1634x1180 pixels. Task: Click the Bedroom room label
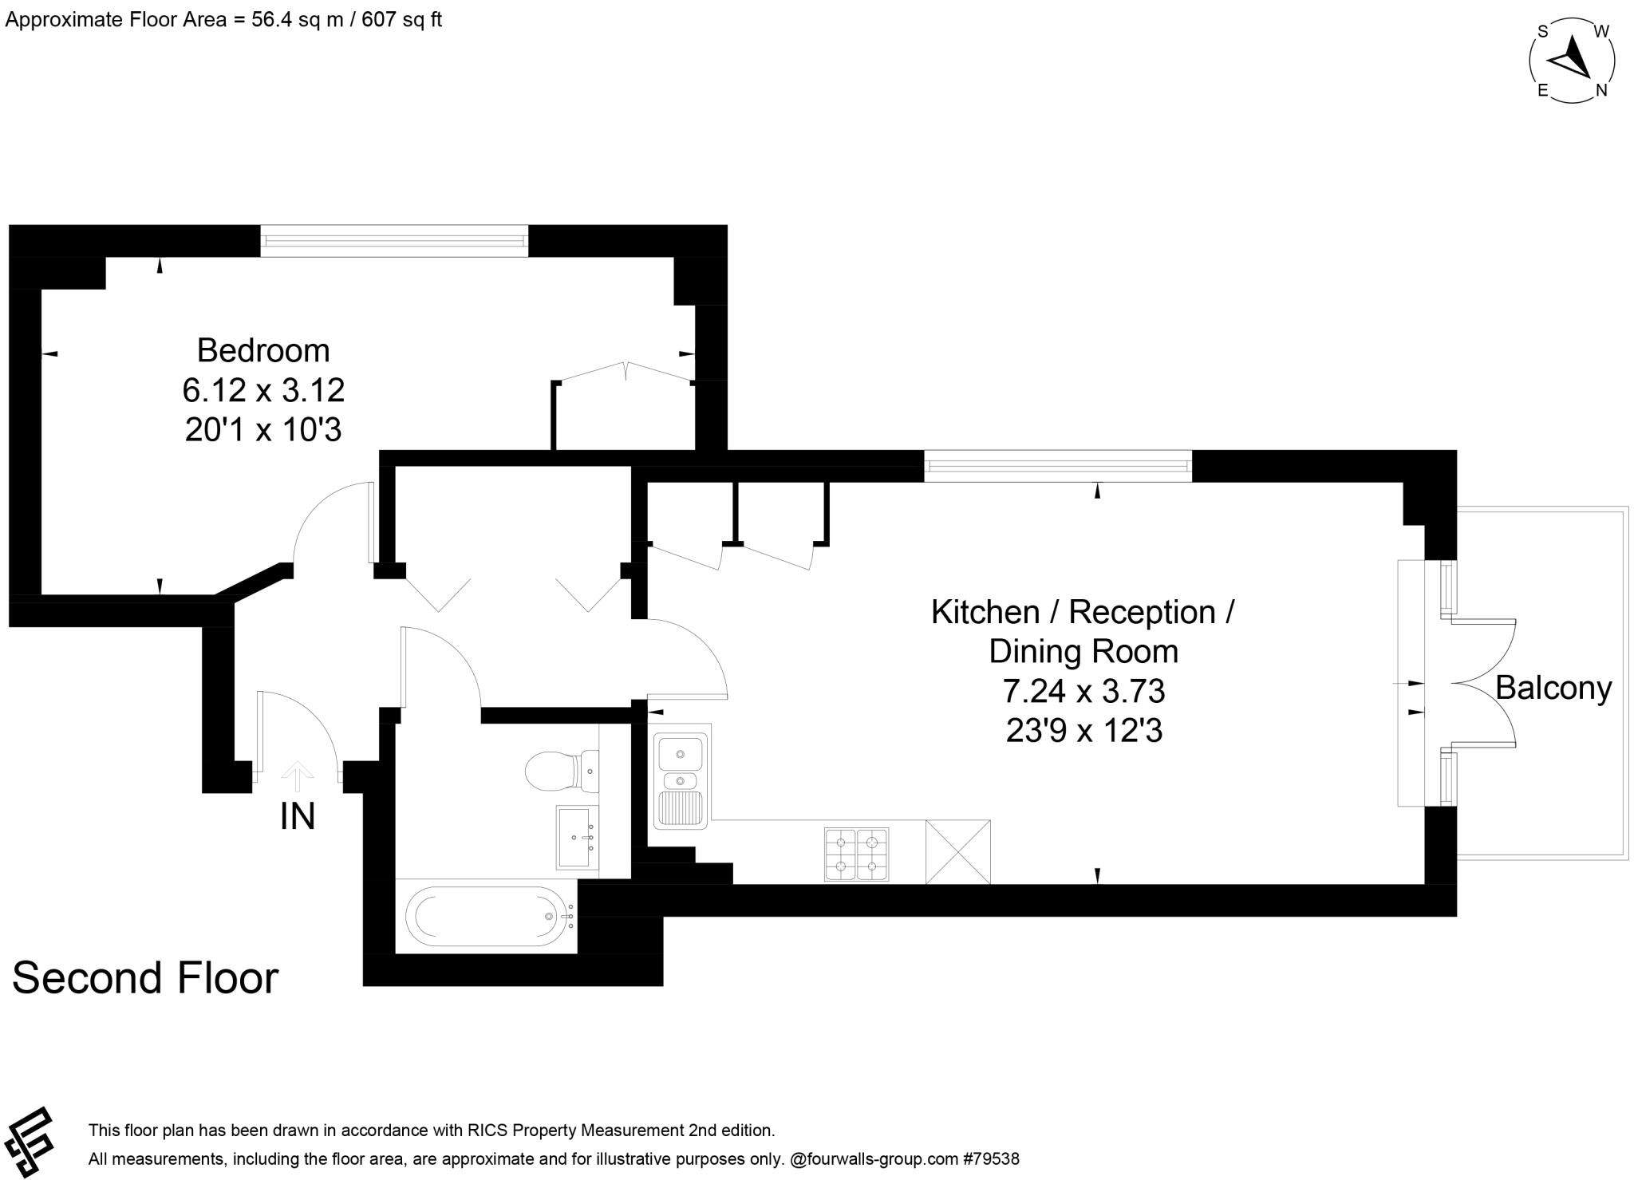[x=263, y=351]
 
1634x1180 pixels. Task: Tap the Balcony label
[x=1553, y=688]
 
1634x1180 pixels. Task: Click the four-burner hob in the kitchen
[x=856, y=854]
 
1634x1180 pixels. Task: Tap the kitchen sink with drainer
[x=681, y=777]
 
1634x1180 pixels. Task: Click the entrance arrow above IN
[x=298, y=772]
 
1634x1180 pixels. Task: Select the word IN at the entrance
[x=298, y=816]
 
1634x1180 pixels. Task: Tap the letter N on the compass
[x=1600, y=91]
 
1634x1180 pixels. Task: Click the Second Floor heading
[x=145, y=978]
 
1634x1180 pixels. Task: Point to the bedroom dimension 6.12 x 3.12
[x=263, y=391]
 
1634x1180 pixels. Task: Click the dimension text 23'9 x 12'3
[x=1083, y=730]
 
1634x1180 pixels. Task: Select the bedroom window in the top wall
[x=394, y=241]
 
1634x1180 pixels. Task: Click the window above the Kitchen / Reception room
[x=1058, y=466]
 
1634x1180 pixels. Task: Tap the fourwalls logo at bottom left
[x=29, y=1141]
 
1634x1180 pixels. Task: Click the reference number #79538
[x=991, y=1158]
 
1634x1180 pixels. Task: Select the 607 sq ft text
[x=401, y=19]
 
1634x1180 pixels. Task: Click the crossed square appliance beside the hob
[x=957, y=852]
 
